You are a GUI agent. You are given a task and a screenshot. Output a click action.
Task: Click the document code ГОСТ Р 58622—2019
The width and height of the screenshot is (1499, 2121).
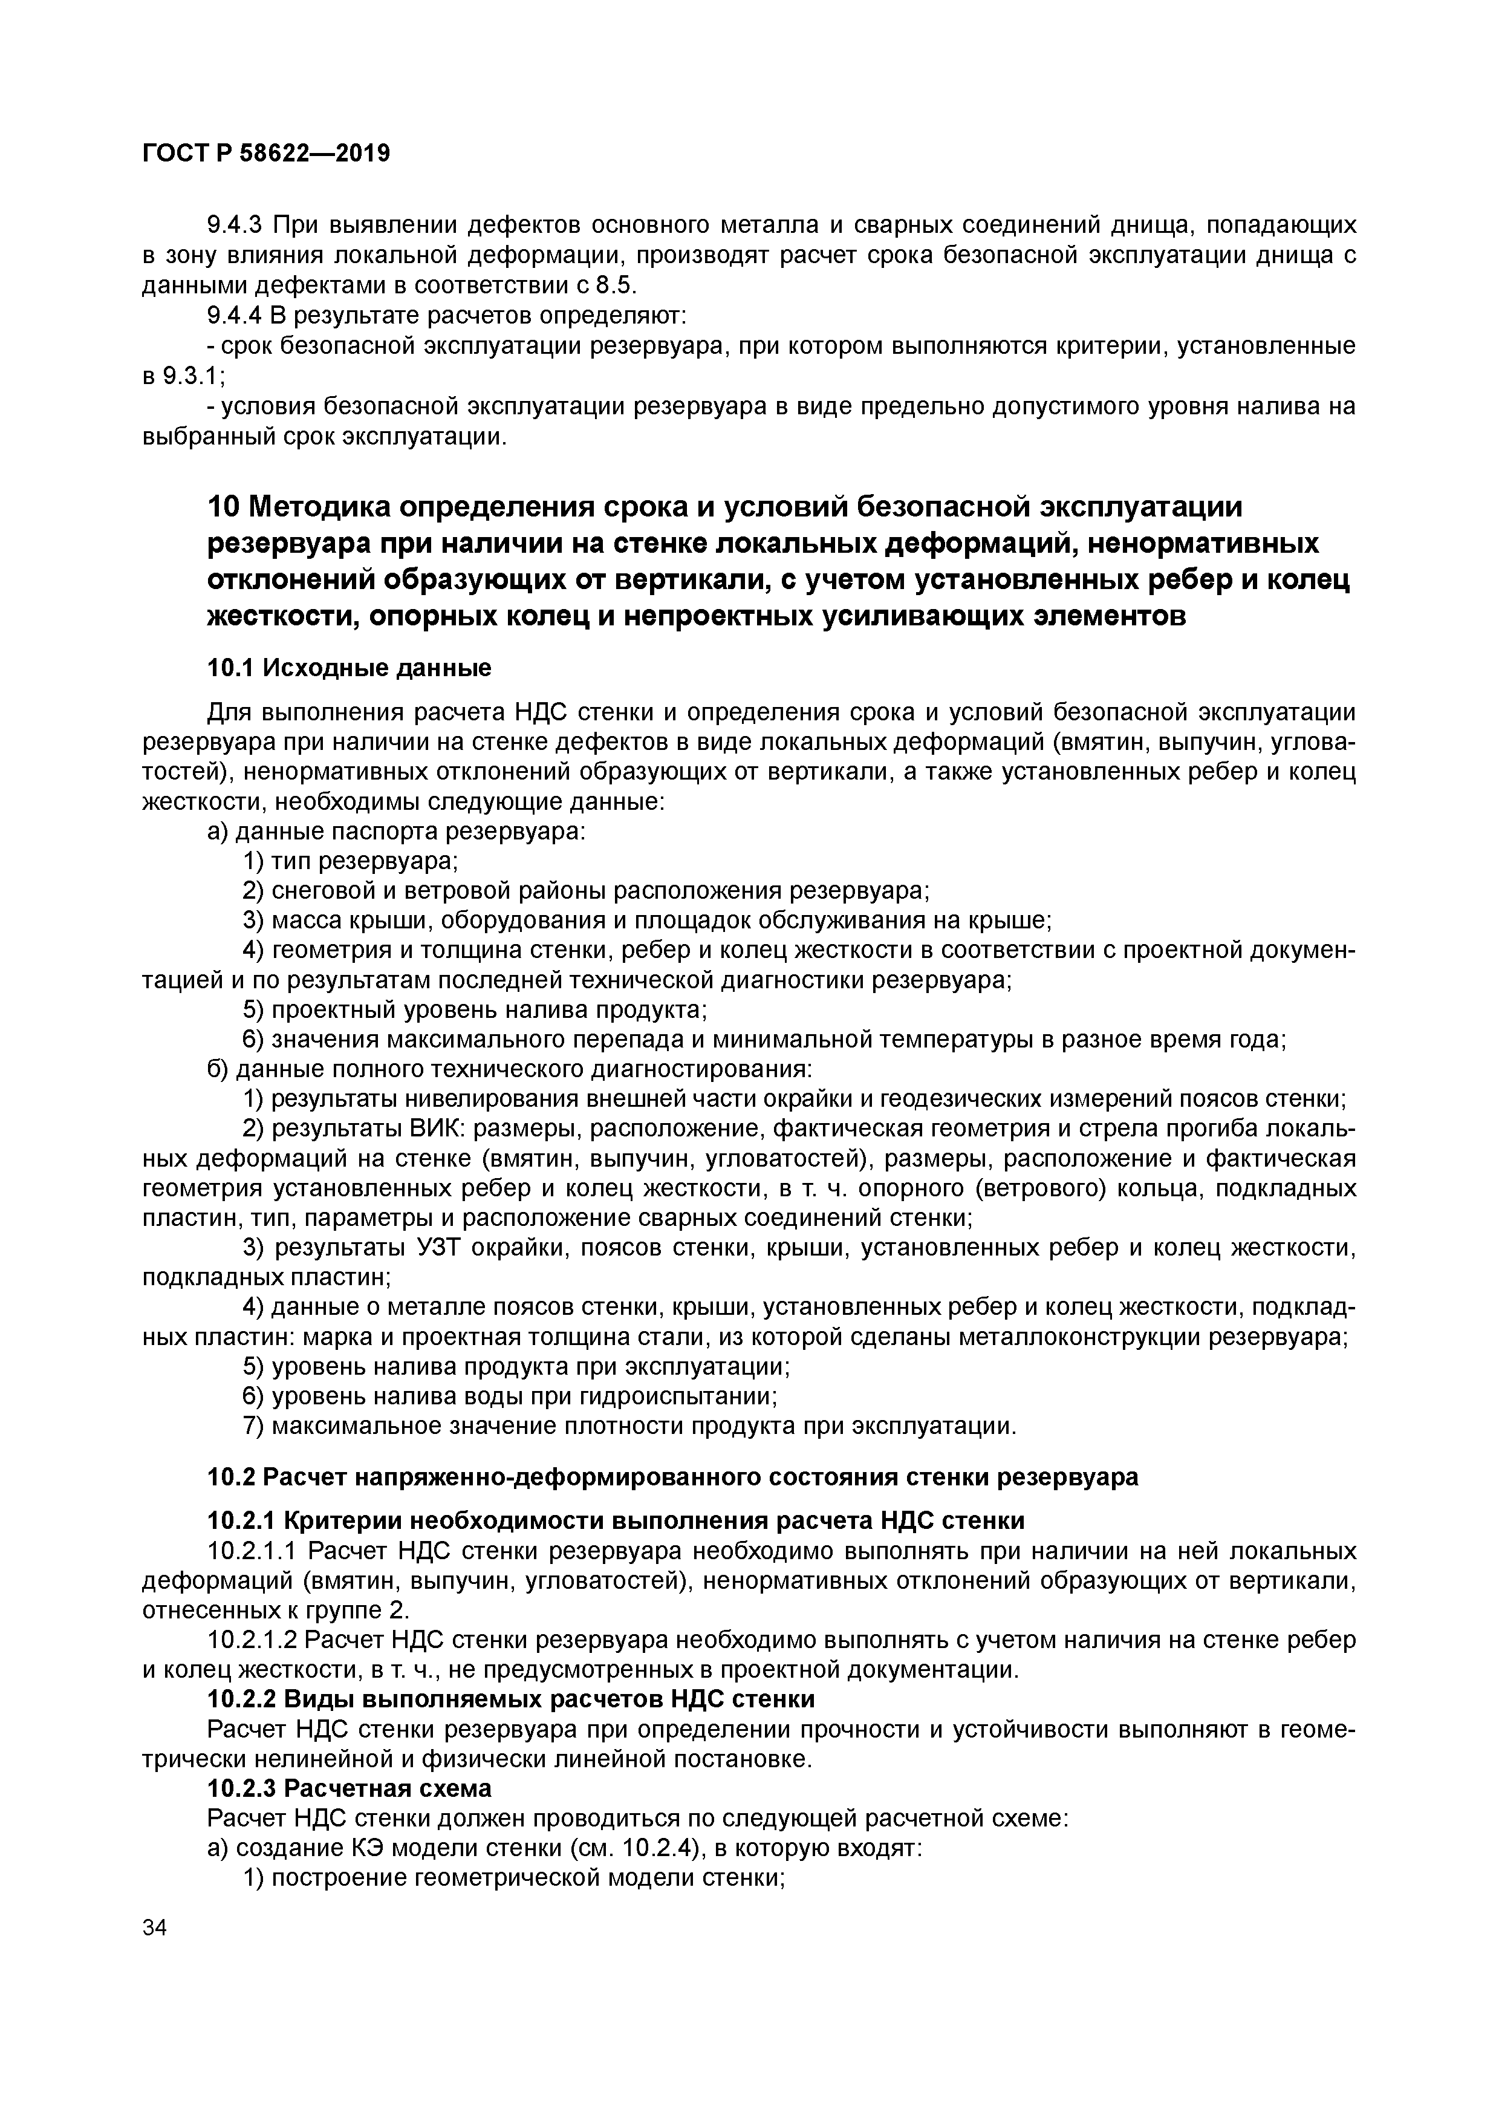[266, 154]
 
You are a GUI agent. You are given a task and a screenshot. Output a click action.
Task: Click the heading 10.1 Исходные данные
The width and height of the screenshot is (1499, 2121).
[349, 667]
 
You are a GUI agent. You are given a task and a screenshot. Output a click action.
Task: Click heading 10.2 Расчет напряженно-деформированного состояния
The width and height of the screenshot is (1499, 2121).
[672, 1477]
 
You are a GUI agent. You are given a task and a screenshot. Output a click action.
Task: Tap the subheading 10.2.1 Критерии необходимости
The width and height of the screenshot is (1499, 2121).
[615, 1520]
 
